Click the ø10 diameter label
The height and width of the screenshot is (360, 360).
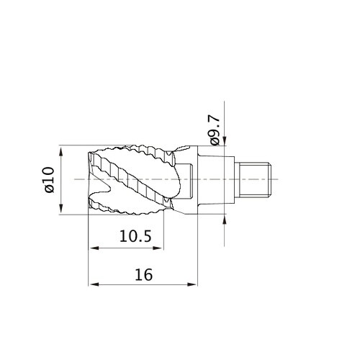pos(50,180)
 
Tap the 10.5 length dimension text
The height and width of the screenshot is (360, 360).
pos(135,236)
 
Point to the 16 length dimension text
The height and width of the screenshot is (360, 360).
pos(143,274)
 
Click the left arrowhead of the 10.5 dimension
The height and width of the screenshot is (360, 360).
pos(94,248)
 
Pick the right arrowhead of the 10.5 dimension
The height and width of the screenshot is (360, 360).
pos(158,248)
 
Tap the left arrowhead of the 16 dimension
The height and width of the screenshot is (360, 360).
pos(94,284)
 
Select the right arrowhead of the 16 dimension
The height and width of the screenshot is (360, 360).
pos(192,284)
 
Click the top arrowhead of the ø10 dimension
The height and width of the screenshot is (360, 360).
pos(61,152)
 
